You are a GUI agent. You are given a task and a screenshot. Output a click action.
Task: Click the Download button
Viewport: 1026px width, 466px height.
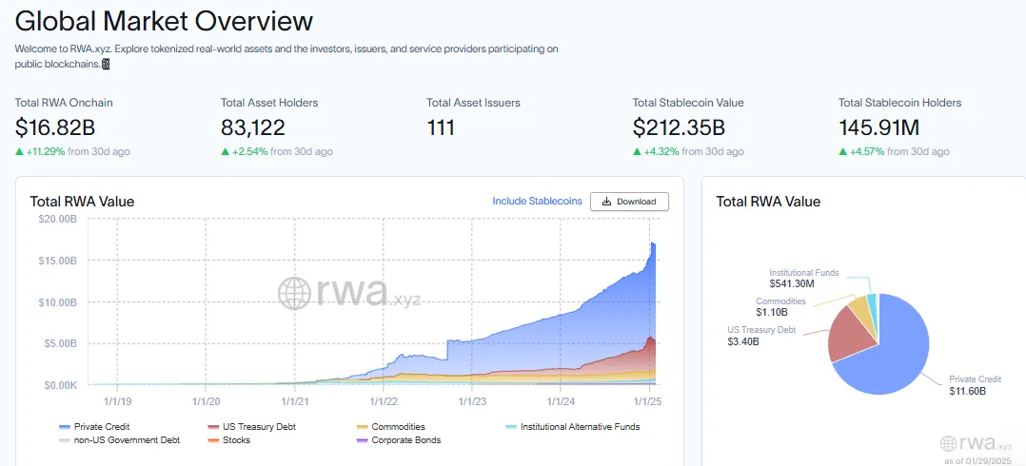(x=629, y=202)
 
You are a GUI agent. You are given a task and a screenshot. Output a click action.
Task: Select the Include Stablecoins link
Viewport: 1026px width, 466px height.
(x=537, y=202)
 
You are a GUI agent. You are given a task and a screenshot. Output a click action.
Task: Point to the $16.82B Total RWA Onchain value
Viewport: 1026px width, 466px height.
(x=55, y=127)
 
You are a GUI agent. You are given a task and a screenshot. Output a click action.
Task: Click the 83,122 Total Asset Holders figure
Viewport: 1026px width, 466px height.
(x=253, y=127)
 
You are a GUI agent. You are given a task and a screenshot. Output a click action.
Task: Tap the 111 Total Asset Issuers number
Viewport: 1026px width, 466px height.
(x=441, y=127)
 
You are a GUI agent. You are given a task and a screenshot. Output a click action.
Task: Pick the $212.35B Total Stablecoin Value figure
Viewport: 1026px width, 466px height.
(x=679, y=127)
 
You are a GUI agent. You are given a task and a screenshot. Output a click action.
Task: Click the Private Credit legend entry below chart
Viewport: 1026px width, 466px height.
(x=100, y=427)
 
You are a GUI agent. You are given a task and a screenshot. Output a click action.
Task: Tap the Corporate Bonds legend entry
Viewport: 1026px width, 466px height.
(x=405, y=440)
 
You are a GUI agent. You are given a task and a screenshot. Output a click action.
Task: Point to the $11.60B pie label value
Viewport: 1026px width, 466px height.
(x=967, y=390)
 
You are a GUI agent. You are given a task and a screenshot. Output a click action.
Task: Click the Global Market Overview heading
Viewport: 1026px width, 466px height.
(x=164, y=21)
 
